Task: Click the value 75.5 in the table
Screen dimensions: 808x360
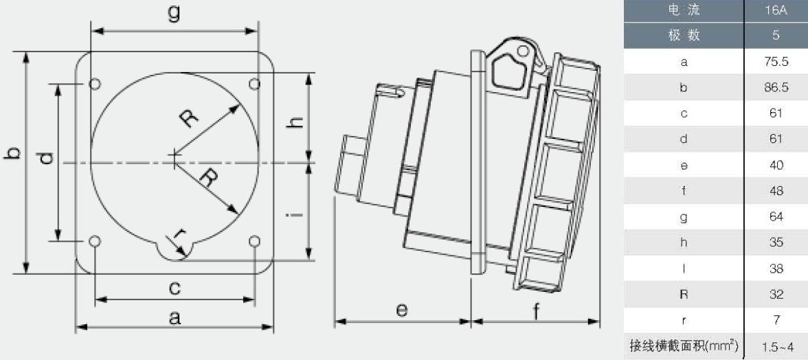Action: coord(777,63)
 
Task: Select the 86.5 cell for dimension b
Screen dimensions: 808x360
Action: coord(777,88)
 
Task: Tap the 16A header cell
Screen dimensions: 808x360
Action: coord(777,10)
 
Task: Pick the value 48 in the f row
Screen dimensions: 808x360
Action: coord(777,191)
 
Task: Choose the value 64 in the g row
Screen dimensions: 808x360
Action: coord(777,217)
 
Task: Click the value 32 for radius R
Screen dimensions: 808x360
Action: coord(777,295)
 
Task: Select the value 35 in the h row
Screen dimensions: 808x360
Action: coord(777,243)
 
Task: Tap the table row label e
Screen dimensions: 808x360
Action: coord(684,166)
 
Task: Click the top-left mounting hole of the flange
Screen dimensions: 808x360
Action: coord(95,83)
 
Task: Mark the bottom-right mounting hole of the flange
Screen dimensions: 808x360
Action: coord(254,241)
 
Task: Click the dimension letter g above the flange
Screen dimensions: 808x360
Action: coord(175,14)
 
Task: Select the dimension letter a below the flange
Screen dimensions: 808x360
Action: coord(175,318)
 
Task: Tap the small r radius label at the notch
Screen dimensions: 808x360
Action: coord(179,236)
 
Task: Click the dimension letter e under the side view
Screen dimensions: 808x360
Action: coord(402,310)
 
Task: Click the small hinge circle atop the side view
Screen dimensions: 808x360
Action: coord(523,50)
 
